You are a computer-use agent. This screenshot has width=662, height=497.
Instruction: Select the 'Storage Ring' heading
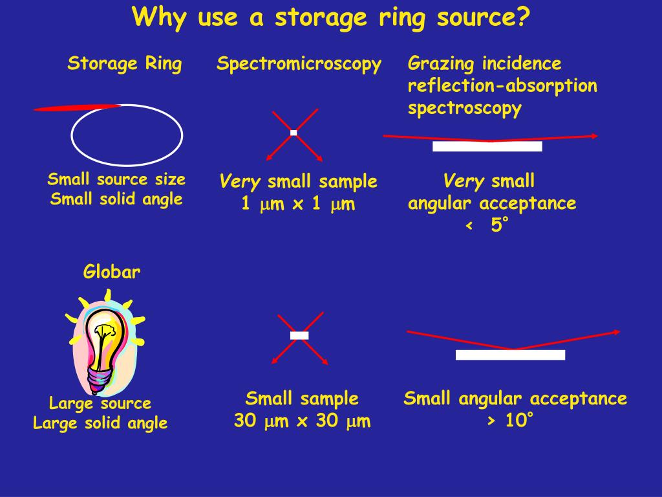(x=125, y=64)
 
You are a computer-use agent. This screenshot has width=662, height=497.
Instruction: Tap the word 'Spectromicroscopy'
(x=299, y=64)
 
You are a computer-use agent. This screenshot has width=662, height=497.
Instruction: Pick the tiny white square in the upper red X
(x=294, y=133)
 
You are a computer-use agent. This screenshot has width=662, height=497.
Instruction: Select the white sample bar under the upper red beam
(x=487, y=146)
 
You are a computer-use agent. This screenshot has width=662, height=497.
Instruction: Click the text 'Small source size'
(x=116, y=179)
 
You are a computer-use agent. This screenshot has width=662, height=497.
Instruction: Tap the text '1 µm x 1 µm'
(x=298, y=204)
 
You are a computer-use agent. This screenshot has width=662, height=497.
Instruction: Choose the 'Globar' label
(x=112, y=272)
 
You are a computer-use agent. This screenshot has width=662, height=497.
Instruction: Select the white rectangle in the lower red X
(x=299, y=335)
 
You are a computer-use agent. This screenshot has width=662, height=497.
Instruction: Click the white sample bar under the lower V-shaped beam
(x=510, y=355)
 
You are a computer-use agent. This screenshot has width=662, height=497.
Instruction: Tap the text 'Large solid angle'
(x=100, y=423)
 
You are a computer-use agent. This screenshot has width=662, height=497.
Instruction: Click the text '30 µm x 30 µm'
(x=302, y=421)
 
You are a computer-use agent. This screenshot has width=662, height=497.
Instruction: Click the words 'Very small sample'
(x=298, y=182)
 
